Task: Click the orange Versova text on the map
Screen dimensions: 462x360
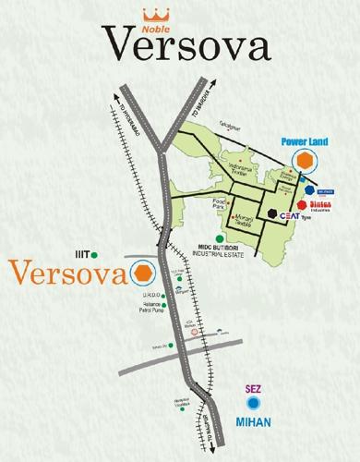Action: pos(68,274)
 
